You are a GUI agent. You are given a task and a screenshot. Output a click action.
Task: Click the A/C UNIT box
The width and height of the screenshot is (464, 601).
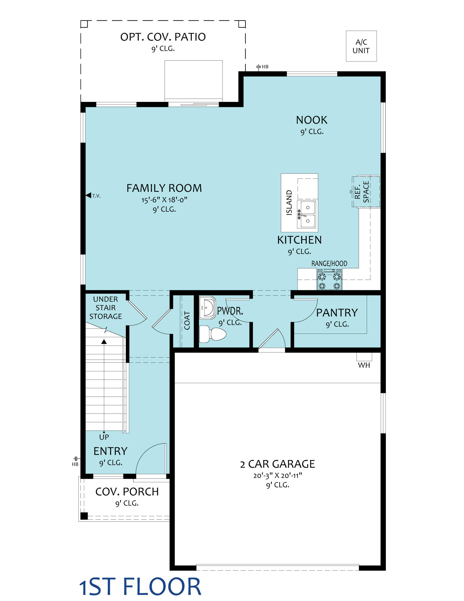tap(361, 46)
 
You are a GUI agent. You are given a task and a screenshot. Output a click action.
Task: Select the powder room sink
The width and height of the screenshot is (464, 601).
tap(208, 308)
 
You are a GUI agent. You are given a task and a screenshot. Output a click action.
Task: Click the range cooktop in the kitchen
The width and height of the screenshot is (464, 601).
tap(329, 279)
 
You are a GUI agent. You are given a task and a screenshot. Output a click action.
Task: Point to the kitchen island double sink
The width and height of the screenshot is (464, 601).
tap(307, 214)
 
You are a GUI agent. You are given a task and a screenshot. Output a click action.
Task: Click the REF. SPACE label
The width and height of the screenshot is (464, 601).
tap(362, 192)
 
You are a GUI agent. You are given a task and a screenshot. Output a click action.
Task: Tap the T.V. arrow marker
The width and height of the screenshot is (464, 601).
tap(88, 195)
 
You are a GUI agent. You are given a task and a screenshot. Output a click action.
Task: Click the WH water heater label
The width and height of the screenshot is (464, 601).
tap(364, 365)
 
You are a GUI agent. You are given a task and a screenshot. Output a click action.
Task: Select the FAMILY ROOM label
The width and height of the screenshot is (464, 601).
tap(164, 188)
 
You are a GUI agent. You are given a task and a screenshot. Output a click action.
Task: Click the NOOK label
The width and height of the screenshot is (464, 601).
tap(312, 120)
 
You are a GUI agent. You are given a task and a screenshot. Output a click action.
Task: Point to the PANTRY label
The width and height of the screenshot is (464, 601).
tap(337, 313)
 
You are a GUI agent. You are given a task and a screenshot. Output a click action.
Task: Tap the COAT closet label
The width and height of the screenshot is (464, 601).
tap(187, 321)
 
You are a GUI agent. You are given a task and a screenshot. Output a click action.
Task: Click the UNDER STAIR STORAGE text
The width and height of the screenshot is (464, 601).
tap(106, 308)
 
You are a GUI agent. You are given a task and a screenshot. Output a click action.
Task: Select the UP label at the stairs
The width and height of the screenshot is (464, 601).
tap(104, 437)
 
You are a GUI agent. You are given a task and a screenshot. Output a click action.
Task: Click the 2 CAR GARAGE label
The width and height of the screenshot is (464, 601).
tap(277, 464)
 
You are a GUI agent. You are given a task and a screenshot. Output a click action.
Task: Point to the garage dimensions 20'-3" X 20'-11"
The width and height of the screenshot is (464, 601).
tap(277, 475)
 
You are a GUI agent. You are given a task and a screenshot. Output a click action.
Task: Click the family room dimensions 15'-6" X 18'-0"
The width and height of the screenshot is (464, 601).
tap(164, 200)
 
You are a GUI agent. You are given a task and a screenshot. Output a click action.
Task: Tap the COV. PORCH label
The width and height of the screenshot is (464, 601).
tap(127, 492)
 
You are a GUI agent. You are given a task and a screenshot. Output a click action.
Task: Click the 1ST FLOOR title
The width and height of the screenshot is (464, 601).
tap(140, 587)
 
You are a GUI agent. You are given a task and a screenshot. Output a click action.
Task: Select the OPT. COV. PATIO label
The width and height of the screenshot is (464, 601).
tap(163, 37)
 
